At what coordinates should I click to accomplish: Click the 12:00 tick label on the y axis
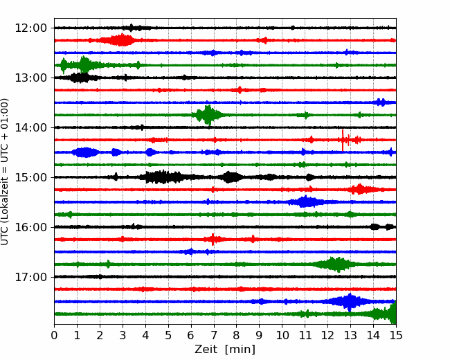(30, 28)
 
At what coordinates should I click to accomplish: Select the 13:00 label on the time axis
(30, 78)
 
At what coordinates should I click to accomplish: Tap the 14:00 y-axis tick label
(30, 127)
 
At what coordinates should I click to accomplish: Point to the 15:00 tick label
(30, 177)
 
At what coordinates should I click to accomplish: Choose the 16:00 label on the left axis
(30, 227)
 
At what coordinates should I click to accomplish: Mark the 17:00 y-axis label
(30, 277)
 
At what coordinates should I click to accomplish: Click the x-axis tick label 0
(54, 335)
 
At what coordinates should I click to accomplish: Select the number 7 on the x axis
(214, 335)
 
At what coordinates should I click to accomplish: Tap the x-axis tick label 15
(396, 335)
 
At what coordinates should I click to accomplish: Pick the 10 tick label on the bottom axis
(282, 335)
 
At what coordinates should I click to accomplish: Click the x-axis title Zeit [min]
(225, 350)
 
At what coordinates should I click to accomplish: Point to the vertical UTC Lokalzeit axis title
(4, 172)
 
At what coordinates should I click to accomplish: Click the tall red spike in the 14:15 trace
(343, 140)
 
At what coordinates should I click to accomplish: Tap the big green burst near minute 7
(208, 115)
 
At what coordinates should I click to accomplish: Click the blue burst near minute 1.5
(85, 152)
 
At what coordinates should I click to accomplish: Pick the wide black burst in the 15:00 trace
(163, 177)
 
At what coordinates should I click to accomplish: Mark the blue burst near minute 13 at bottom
(349, 302)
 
